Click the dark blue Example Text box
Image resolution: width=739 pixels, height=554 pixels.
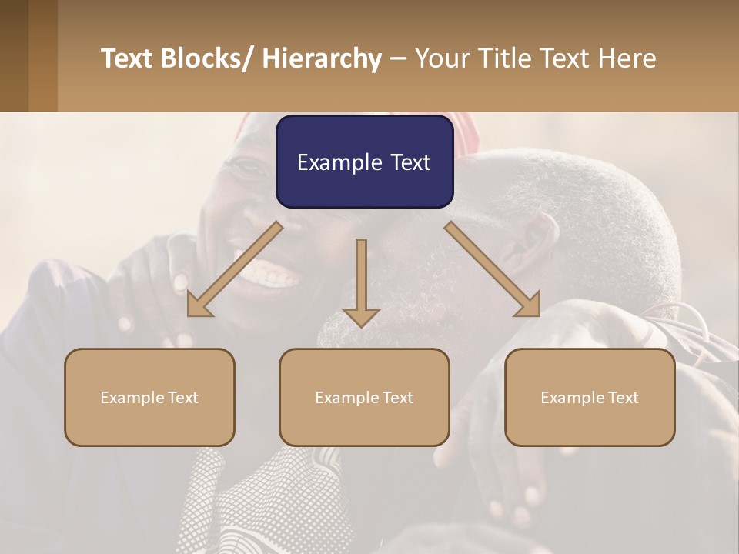point(364,162)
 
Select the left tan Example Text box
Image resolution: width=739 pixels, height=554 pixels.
point(149,397)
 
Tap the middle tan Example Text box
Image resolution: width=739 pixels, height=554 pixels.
point(364,397)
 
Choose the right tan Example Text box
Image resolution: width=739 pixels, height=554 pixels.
point(590,397)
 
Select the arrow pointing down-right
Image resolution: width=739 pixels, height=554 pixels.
point(493,269)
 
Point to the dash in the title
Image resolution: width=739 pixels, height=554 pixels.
point(398,59)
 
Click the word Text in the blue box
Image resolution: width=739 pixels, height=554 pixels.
point(410,162)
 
